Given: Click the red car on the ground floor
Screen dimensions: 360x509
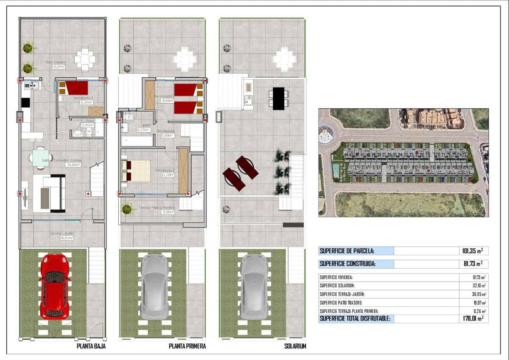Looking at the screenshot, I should pyautogui.click(x=54, y=287).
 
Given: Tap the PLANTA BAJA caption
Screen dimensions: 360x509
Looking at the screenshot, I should pyautogui.click(x=91, y=346).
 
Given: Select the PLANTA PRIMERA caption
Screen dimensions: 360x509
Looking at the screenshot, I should pyautogui.click(x=187, y=346).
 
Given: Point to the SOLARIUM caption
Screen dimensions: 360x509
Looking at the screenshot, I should pyautogui.click(x=295, y=346).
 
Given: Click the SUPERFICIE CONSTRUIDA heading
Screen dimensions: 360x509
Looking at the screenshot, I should pyautogui.click(x=347, y=264).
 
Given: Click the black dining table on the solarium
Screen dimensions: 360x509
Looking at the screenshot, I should pyautogui.click(x=278, y=98).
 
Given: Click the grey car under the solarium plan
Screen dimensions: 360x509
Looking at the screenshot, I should pyautogui.click(x=254, y=287).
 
